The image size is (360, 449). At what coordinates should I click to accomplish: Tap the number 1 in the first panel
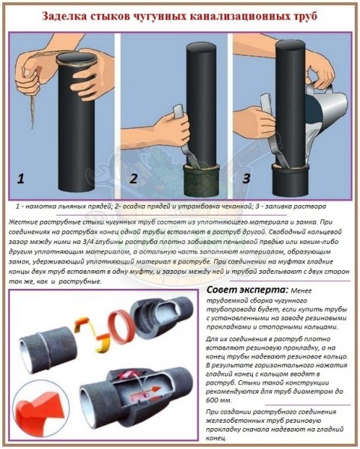[20, 180]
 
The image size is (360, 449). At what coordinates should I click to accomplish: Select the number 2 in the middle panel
[133, 179]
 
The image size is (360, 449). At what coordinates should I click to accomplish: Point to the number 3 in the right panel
[246, 178]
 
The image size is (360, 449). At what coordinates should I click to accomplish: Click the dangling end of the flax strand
[32, 124]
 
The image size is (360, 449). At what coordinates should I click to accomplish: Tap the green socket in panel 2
[202, 182]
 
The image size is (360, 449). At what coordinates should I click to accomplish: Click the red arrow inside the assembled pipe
[149, 389]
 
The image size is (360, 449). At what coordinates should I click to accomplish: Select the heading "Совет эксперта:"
[247, 290]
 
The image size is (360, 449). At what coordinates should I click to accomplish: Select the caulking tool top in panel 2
[177, 111]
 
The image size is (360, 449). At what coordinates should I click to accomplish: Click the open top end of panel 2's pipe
[201, 47]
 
